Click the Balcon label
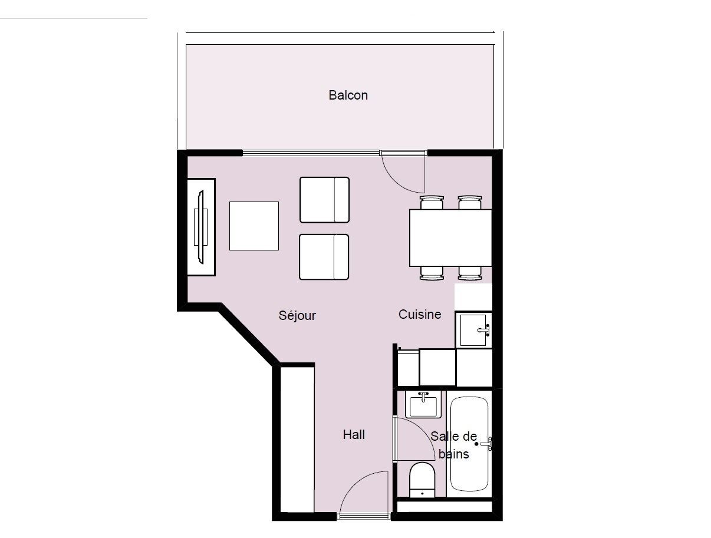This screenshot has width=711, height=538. (348, 95)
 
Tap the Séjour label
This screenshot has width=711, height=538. (297, 315)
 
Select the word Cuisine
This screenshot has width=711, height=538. (420, 314)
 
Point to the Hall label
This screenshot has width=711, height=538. (354, 434)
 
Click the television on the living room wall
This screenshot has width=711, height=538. (201, 227)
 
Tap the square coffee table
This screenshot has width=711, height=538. (254, 226)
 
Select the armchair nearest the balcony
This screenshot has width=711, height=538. (324, 200)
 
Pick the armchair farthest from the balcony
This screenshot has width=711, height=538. (324, 257)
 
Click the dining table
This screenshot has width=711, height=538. (450, 238)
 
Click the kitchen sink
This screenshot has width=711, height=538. (473, 330)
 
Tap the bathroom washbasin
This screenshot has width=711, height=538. (423, 404)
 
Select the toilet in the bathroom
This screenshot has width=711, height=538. (422, 480)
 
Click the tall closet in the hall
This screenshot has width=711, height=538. (297, 440)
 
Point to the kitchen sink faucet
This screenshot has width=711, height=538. (483, 330)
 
